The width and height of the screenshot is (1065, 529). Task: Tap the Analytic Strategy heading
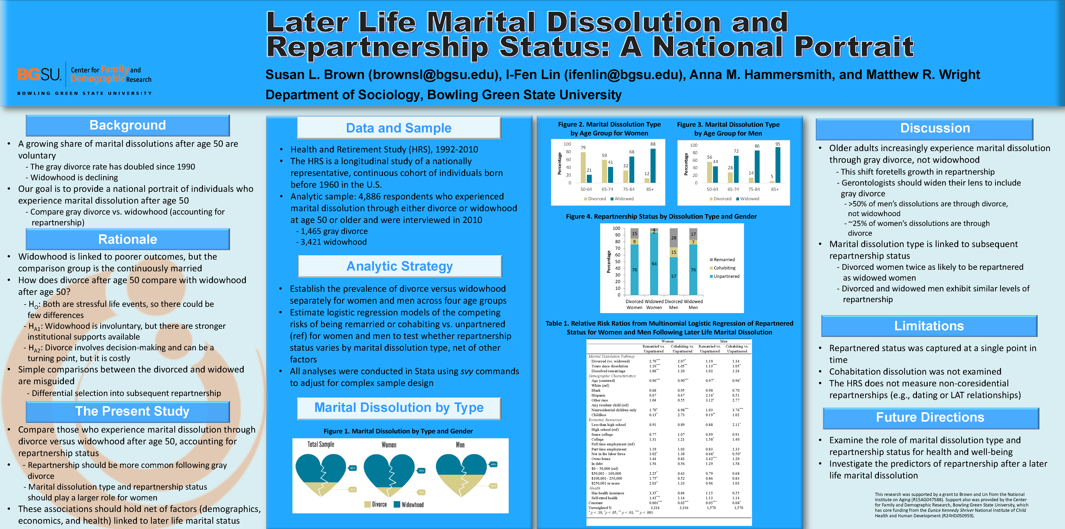(x=399, y=266)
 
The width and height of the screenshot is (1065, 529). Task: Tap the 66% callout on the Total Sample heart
(x=353, y=468)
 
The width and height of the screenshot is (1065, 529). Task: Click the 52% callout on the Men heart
(x=493, y=486)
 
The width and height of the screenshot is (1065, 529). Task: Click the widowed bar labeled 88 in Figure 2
(x=653, y=165)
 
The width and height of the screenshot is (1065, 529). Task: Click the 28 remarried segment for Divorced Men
(x=673, y=238)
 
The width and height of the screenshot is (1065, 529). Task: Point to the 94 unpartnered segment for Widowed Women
(x=654, y=264)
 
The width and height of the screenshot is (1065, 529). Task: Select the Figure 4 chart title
(x=661, y=216)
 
